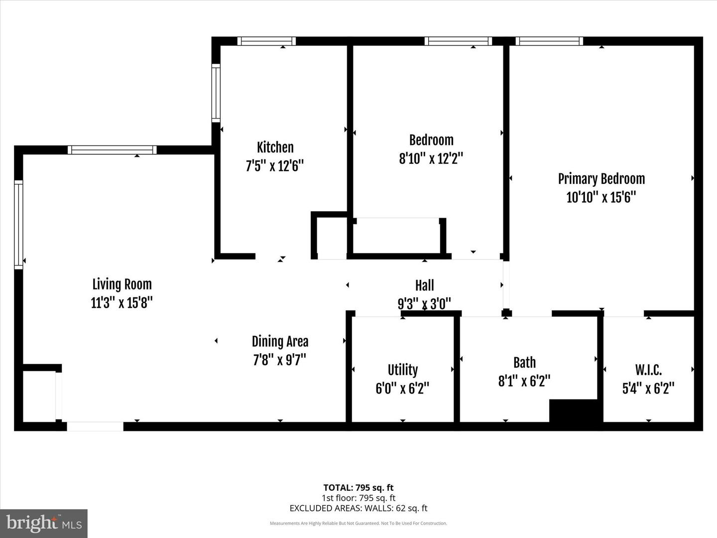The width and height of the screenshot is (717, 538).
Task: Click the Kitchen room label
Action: pyautogui.click(x=275, y=147)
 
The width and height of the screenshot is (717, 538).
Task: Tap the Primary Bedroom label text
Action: pyautogui.click(x=601, y=179)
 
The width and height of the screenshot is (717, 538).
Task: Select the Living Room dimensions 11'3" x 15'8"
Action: pyautogui.click(x=121, y=302)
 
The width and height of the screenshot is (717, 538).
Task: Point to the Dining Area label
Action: pyautogui.click(x=280, y=341)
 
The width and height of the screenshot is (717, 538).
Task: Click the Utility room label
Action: pyautogui.click(x=402, y=370)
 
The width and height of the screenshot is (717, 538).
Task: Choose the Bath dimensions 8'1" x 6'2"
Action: pyautogui.click(x=524, y=381)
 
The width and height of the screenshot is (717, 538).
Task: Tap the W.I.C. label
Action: pyautogui.click(x=648, y=370)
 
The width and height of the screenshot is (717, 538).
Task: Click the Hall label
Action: pyautogui.click(x=424, y=285)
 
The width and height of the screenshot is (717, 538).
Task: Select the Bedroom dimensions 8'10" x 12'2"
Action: pyautogui.click(x=431, y=158)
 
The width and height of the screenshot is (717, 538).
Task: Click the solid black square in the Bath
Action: pyautogui.click(x=574, y=410)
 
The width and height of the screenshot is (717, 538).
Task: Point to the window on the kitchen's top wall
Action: pyautogui.click(x=266, y=41)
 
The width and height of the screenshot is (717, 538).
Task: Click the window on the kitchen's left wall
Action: pyautogui.click(x=216, y=93)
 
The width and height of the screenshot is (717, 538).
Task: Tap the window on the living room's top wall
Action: pyautogui.click(x=112, y=149)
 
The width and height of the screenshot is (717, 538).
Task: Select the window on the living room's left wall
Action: pyautogui.click(x=18, y=224)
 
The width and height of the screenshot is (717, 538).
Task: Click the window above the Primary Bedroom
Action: pyautogui.click(x=549, y=41)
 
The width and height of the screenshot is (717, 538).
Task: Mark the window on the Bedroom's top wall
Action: pyautogui.click(x=458, y=41)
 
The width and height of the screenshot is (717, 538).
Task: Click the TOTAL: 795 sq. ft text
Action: pyautogui.click(x=358, y=488)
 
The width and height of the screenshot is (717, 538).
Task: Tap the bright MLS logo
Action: pyautogui.click(x=44, y=523)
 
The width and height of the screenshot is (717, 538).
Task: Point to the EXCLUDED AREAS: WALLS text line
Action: pyautogui.click(x=358, y=508)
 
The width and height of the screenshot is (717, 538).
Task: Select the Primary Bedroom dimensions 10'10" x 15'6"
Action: pyautogui.click(x=601, y=197)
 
